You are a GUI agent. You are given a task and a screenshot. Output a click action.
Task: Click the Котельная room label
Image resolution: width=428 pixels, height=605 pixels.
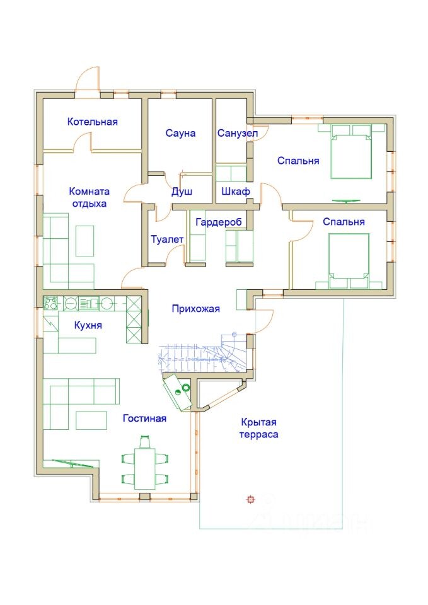pyautogui.click(x=92, y=122)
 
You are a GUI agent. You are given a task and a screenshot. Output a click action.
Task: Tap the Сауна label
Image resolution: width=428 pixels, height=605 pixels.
pyautogui.click(x=180, y=133)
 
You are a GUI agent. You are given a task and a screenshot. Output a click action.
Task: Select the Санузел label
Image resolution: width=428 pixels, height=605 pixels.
pyautogui.click(x=238, y=134)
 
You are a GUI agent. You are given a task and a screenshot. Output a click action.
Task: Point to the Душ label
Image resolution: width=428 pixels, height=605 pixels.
pyautogui.click(x=182, y=192)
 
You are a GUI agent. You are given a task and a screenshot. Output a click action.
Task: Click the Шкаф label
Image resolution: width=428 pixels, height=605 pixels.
pyautogui.click(x=235, y=191)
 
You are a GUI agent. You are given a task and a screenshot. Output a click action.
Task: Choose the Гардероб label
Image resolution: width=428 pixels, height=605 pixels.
pyautogui.click(x=219, y=222)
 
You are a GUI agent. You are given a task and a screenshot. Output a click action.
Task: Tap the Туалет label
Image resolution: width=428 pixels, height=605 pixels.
pyautogui.click(x=167, y=239)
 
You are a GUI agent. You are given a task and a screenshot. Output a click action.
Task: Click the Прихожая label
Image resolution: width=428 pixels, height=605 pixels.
pyautogui.click(x=195, y=309)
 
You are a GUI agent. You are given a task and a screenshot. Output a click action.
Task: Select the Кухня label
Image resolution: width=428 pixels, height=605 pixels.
pyautogui.click(x=88, y=325)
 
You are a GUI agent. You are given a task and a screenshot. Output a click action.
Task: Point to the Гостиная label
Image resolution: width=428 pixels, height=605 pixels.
pyautogui.click(x=144, y=418)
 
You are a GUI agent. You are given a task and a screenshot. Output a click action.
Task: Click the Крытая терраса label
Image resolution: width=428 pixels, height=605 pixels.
pyautogui.click(x=258, y=429)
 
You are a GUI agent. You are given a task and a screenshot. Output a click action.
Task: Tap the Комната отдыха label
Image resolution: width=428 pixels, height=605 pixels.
pyautogui.click(x=89, y=197)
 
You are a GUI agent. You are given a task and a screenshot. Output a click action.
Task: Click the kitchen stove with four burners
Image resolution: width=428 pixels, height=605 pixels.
pyautogui.click(x=50, y=303)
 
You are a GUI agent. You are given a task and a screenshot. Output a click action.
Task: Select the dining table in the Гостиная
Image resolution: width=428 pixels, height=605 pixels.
pyautogui.click(x=145, y=468)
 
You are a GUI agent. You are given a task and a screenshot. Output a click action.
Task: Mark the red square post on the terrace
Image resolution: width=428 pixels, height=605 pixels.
pyautogui.click(x=250, y=500)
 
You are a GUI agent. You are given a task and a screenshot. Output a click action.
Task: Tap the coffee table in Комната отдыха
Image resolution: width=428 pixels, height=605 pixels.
pyautogui.click(x=84, y=241)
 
